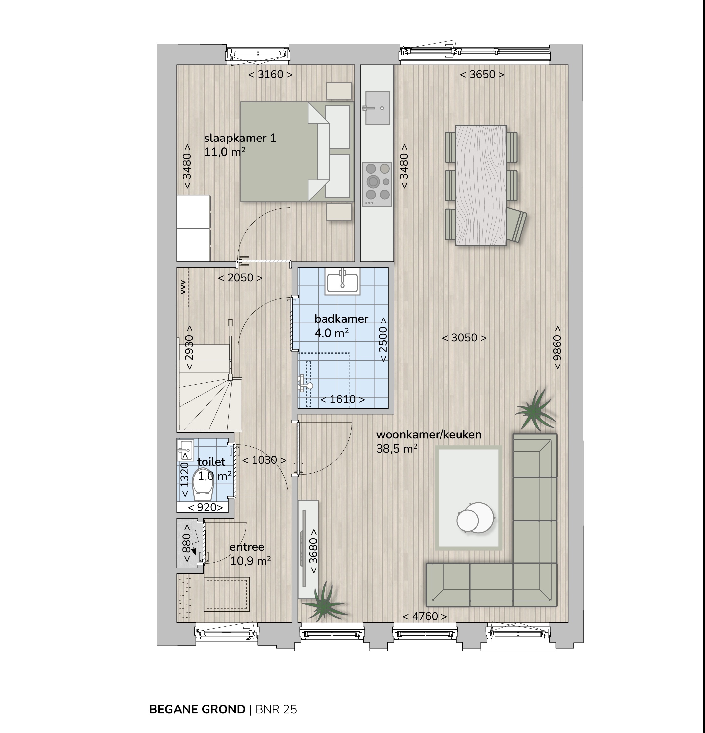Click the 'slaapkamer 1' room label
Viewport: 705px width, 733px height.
click(240, 138)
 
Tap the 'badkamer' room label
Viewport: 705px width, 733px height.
click(341, 319)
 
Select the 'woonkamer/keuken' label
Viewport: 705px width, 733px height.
click(429, 434)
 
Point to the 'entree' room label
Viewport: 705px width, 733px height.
click(247, 547)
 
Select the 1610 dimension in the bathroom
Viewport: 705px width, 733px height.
click(343, 399)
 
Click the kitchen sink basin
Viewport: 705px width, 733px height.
click(378, 108)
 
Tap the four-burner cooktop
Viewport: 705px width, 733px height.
click(377, 184)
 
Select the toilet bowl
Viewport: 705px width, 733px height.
click(203, 485)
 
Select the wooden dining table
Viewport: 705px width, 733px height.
click(481, 185)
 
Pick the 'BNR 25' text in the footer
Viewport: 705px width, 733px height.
click(276, 709)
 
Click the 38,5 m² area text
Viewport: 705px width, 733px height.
click(396, 448)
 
